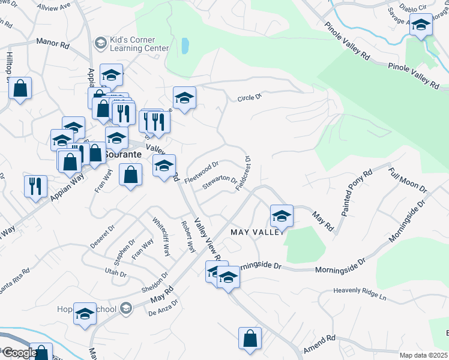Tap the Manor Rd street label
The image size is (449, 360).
(x=53, y=42)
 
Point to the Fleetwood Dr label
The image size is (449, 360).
(x=202, y=172)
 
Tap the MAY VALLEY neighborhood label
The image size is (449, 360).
(x=257, y=232)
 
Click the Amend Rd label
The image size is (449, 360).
(x=319, y=344)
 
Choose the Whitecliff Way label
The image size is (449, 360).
(x=160, y=236)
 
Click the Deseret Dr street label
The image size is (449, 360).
(x=102, y=237)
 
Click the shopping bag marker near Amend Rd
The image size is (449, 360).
(x=250, y=338)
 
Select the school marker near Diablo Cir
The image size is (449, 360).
(x=421, y=26)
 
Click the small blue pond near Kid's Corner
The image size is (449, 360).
(x=185, y=45)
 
